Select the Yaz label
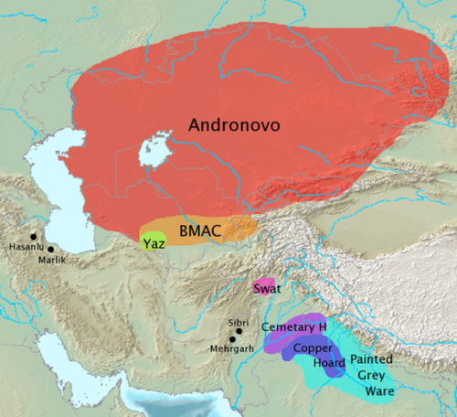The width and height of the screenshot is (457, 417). pos(153,244)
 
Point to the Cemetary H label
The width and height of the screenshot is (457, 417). pos(293,327)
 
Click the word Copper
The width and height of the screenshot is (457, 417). pos(313,348)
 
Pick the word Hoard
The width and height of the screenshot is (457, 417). pos(312,362)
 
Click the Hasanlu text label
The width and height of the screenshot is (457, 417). pos(25,247)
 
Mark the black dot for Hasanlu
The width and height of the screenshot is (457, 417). pos(32,237)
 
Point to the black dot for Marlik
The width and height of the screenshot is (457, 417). pos(51,249)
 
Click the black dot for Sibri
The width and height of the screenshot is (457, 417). pos(239,331)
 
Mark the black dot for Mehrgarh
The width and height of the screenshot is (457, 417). pos(233,340)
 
